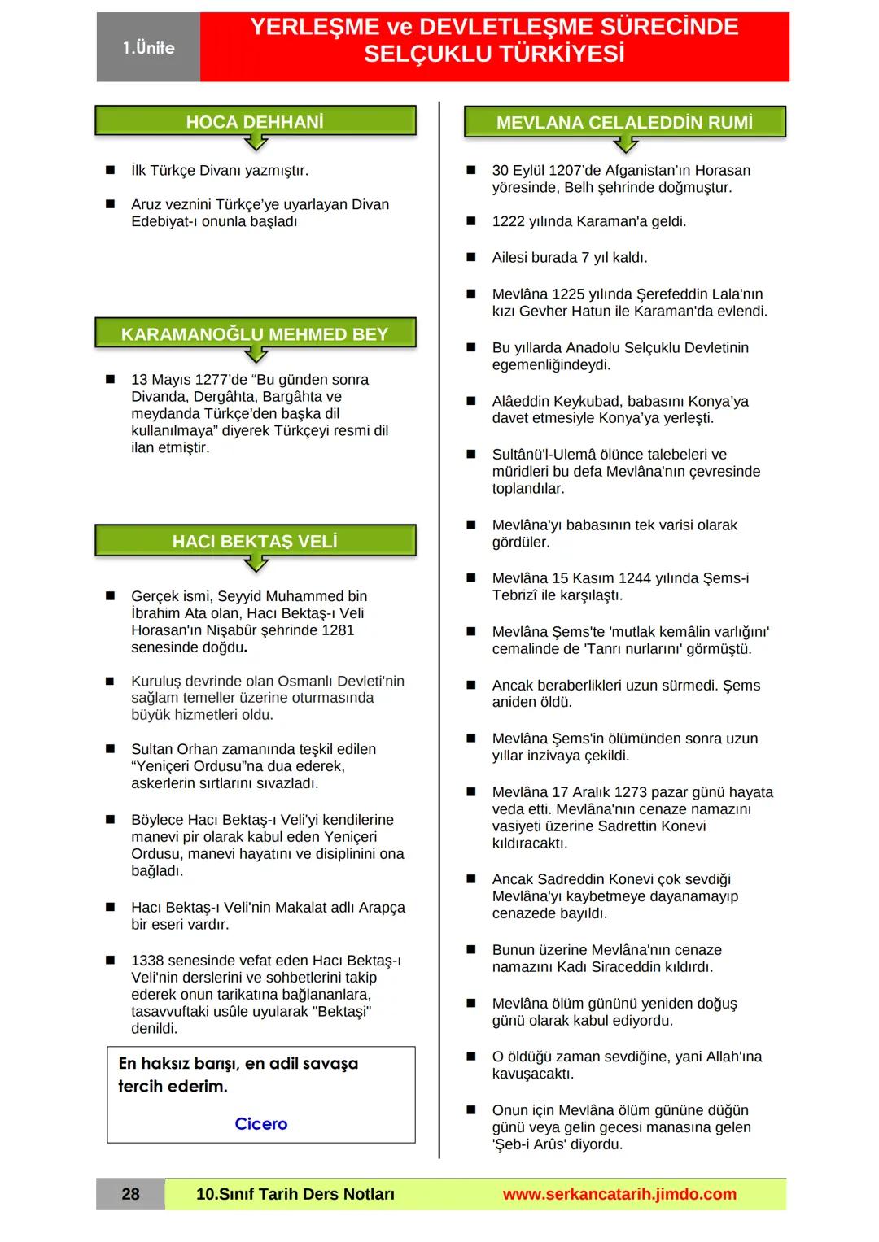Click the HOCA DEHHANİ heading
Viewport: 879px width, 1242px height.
(x=255, y=122)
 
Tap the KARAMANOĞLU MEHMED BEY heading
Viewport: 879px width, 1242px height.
(x=255, y=334)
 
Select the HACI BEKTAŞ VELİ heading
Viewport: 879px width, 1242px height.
(x=255, y=542)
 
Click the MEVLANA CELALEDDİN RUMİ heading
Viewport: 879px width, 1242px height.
(x=624, y=123)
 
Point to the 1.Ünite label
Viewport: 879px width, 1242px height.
(x=149, y=48)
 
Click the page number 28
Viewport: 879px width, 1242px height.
(x=130, y=1194)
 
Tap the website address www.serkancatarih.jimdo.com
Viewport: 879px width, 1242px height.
(x=619, y=1194)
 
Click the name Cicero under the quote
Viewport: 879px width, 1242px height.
(x=260, y=1123)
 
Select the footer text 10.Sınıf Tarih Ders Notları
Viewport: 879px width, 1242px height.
(x=295, y=1194)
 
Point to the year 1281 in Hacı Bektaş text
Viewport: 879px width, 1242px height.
(x=338, y=630)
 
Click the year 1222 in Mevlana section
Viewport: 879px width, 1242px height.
(x=509, y=221)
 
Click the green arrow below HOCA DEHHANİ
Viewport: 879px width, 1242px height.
(x=256, y=143)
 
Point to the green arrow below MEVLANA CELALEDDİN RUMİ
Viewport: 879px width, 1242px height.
(x=625, y=145)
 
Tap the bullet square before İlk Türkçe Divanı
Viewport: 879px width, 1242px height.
(x=110, y=171)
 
